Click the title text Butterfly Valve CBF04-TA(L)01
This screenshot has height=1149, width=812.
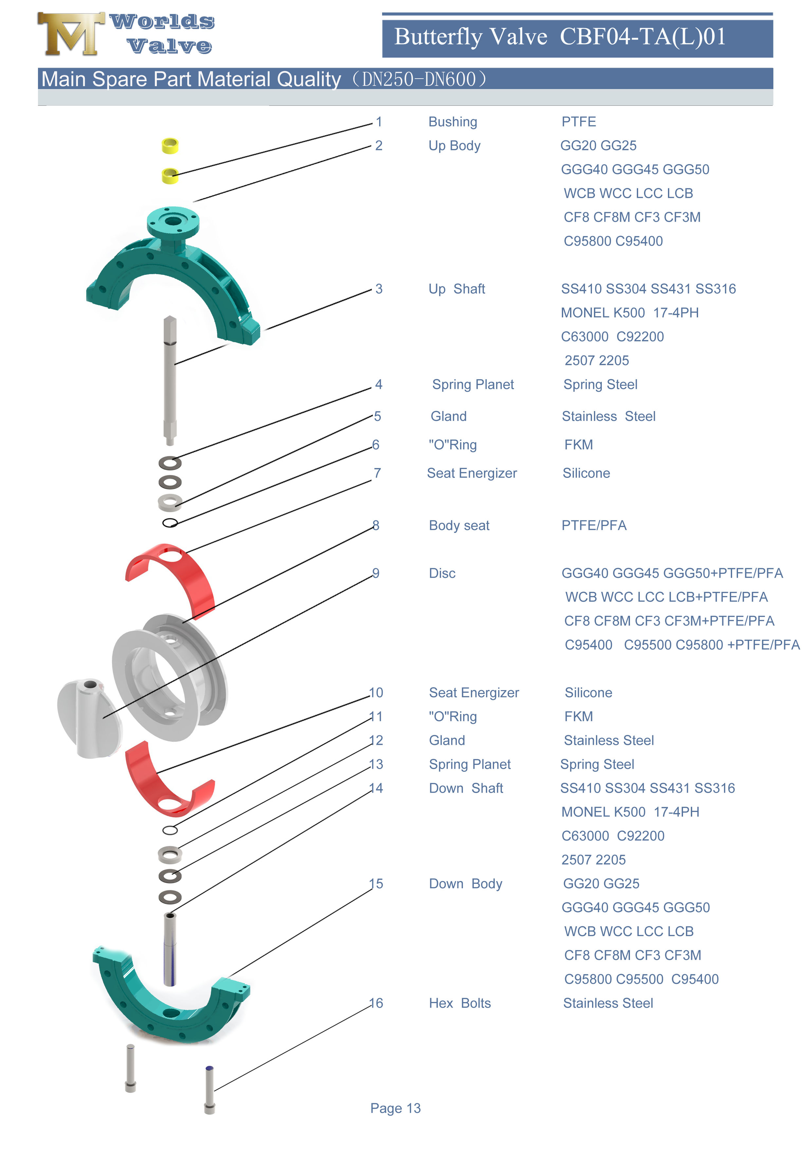(560, 37)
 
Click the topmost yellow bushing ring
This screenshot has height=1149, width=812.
(170, 146)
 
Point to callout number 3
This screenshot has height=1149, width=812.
(379, 289)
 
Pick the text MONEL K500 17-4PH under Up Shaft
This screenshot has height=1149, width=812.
(629, 313)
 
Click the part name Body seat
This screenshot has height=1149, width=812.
(459, 525)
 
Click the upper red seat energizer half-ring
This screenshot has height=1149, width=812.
(173, 575)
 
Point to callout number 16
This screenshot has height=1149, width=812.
(376, 1003)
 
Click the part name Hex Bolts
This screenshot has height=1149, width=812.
(459, 1003)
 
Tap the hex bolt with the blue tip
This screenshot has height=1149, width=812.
(210, 1090)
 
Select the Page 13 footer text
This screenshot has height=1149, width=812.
(395, 1108)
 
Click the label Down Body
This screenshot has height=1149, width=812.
(465, 884)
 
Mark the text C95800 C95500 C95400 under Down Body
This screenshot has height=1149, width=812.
(641, 979)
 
